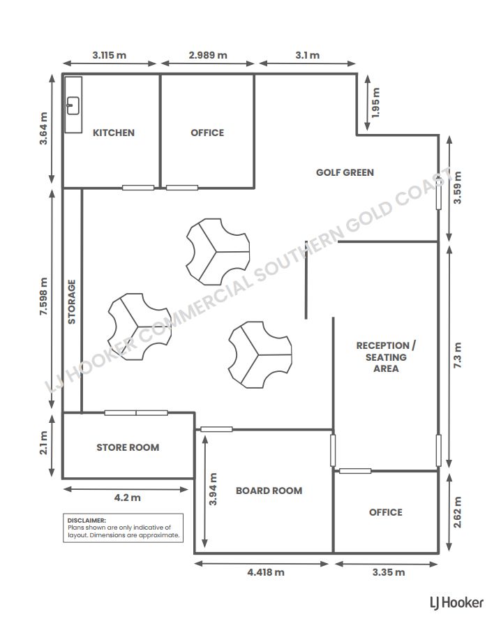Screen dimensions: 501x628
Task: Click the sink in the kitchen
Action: tap(73, 106)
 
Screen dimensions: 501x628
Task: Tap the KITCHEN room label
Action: tap(114, 133)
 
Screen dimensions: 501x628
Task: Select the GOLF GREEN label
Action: tap(345, 172)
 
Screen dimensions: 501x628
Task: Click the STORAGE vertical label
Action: tap(72, 302)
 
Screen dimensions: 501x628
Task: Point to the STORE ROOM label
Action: tap(128, 447)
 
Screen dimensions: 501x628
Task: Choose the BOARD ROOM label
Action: tap(269, 491)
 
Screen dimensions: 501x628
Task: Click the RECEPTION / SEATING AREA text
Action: tap(386, 357)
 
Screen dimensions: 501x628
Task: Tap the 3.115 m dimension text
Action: tap(110, 55)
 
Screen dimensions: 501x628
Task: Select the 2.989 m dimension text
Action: tap(208, 55)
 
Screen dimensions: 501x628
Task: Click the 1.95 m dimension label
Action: tap(375, 103)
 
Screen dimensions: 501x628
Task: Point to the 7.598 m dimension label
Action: tap(43, 297)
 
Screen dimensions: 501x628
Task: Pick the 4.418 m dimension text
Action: tap(266, 572)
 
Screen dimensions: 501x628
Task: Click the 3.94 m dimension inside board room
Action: tap(213, 489)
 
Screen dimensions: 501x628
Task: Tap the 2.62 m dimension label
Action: tap(457, 512)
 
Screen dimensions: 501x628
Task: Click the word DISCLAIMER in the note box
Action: tap(87, 521)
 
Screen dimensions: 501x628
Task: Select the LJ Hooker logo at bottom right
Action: tap(456, 602)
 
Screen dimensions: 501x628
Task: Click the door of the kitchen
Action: tap(138, 188)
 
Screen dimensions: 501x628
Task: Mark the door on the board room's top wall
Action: tap(216, 429)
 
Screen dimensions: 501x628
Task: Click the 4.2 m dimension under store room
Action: tap(128, 498)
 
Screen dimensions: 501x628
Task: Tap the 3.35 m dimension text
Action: tap(389, 572)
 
